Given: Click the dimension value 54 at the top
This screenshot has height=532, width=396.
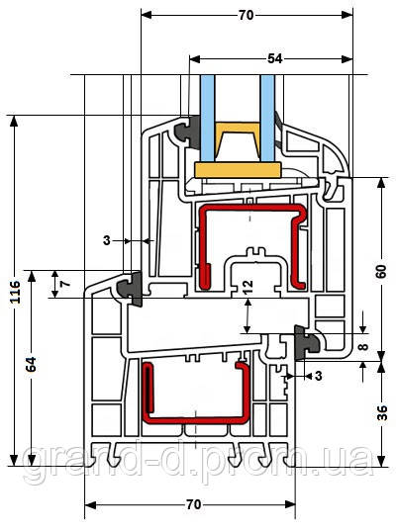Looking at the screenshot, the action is tap(275, 58).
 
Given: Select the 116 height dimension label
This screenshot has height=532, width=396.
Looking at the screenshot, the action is tap(15, 292).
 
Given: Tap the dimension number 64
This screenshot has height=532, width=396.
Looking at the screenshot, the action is tap(32, 364).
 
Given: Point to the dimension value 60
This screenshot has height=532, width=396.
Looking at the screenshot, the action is tap(381, 271).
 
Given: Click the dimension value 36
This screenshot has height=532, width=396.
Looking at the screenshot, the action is tap(382, 413).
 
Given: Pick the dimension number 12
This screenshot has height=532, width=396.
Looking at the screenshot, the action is tap(247, 287).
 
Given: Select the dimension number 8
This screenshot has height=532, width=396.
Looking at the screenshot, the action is tap(363, 347).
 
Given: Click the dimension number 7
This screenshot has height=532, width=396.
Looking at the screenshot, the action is tap(66, 283).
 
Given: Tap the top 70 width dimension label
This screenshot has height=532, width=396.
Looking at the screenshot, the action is tap(246, 15).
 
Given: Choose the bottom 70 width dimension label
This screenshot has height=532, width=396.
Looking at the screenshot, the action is tap(194, 504).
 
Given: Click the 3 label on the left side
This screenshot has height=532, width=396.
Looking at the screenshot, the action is tap(107, 240).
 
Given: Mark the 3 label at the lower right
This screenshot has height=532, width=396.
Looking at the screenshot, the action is tap(318, 376).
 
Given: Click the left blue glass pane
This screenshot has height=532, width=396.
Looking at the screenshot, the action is tap(207, 118).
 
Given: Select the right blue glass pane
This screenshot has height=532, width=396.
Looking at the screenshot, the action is tap(267, 118).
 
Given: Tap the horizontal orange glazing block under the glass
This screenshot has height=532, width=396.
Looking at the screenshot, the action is tap(238, 170).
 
